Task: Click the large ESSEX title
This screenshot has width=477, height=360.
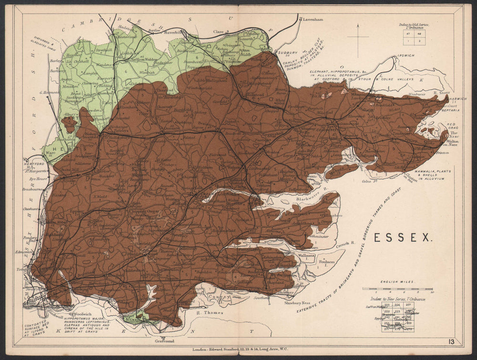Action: [403, 237]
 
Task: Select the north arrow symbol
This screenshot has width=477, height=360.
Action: [357, 37]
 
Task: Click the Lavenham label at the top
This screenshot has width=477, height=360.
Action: [310, 20]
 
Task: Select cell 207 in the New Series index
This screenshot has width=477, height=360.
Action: [408, 305]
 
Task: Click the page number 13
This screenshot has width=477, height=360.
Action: [451, 341]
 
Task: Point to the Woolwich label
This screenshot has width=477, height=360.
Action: [81, 315]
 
